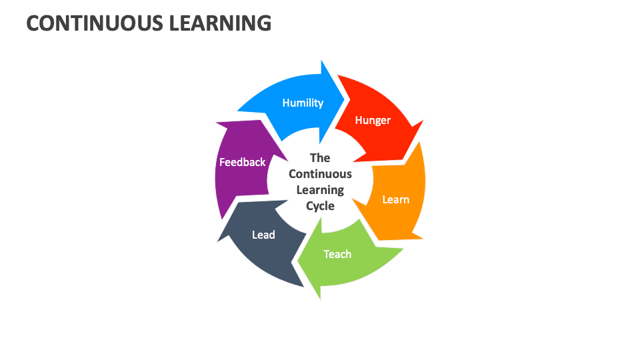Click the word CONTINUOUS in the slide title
coord(93,23)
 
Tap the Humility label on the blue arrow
coord(303,103)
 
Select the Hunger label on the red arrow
coord(373,121)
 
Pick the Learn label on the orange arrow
coord(395,199)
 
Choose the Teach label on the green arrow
coord(337,254)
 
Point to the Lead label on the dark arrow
coord(263,235)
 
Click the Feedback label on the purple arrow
coord(243,162)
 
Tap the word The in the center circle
coord(320,158)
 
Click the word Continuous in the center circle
coord(320,174)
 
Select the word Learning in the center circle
coord(320,190)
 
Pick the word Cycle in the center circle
coord(320,206)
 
